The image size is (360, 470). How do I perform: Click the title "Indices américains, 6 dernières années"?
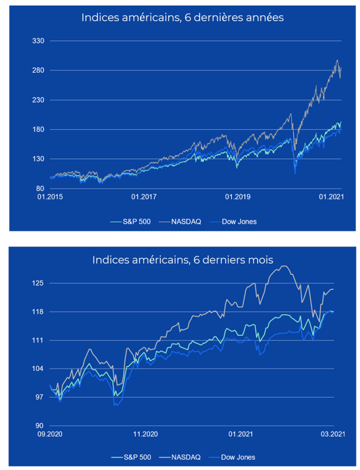tap(182, 18)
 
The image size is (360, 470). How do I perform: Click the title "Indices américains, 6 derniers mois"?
tap(182, 259)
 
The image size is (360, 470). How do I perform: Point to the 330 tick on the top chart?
tap(37, 41)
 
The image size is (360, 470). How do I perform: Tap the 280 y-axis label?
tap(37, 71)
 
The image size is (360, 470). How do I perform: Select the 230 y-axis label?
tap(37, 100)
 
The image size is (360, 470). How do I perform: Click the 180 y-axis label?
tap(37, 130)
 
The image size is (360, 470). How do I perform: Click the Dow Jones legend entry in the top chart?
tap(239, 221)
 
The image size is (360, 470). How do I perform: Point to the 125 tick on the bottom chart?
tap(37, 283)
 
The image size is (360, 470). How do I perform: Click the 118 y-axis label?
tap(37, 312)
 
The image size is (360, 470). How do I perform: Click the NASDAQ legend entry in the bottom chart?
tap(185, 456)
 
